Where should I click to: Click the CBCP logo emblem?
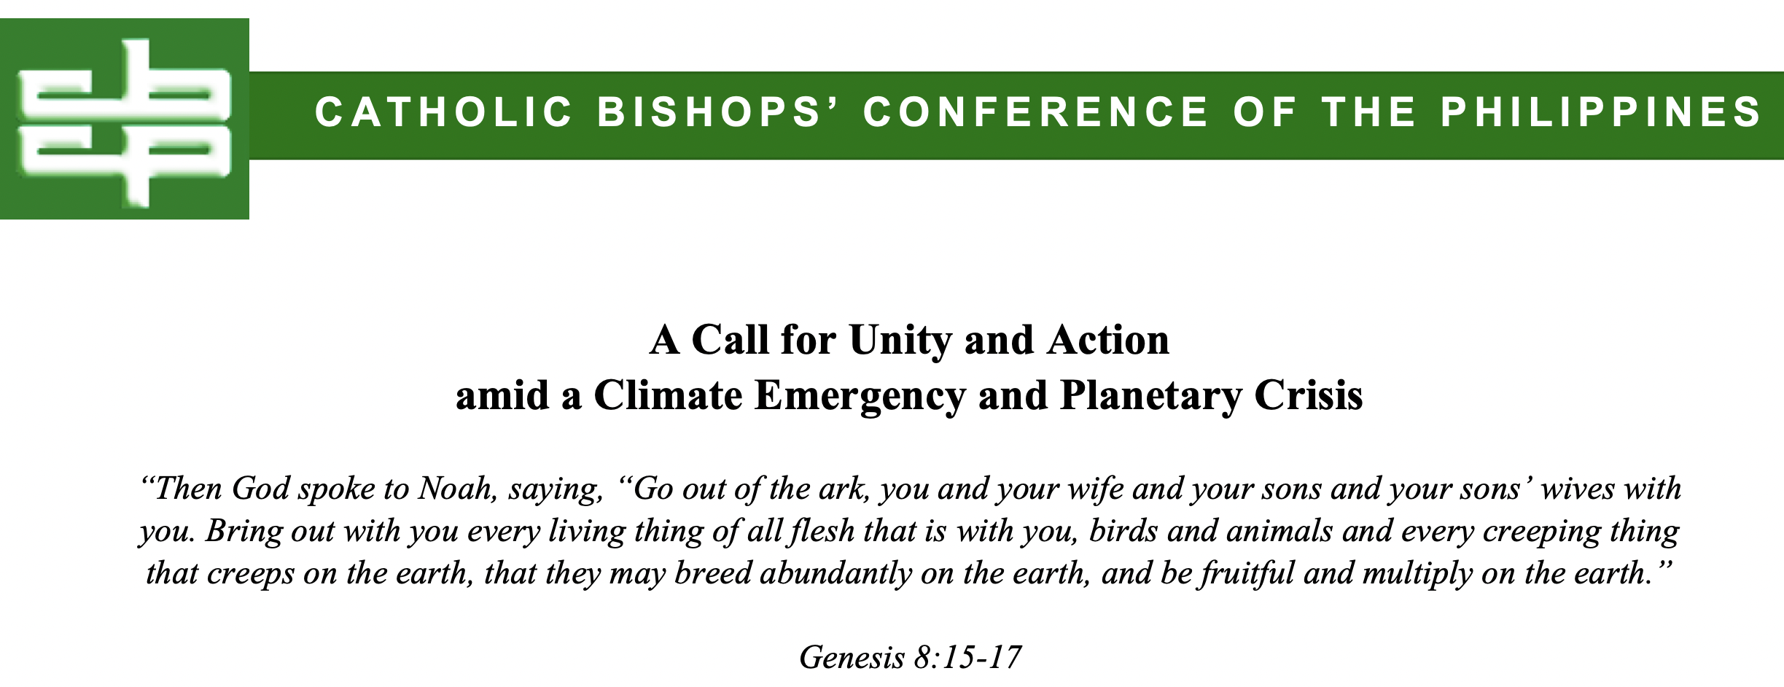coord(125,119)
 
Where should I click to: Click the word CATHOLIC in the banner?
coord(444,112)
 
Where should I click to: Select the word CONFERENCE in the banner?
coord(1036,112)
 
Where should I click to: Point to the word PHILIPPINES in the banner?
coord(1602,112)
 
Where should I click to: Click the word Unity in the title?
coord(900,341)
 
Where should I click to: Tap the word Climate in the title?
coord(669,396)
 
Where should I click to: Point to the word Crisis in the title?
coord(1309,396)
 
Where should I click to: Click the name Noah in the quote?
coord(457,489)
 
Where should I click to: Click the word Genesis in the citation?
coord(852,658)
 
